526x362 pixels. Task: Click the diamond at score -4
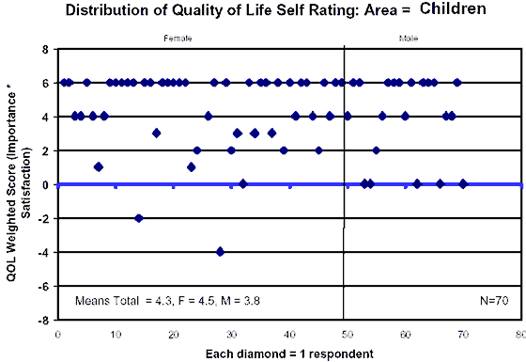click(x=220, y=252)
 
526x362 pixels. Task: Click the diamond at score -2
click(x=139, y=218)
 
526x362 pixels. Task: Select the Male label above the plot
click(x=409, y=39)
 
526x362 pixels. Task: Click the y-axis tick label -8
click(x=43, y=320)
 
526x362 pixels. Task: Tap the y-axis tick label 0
click(x=45, y=184)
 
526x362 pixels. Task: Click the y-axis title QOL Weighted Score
click(x=15, y=183)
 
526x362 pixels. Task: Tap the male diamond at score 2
click(x=376, y=150)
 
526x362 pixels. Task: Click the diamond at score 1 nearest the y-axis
click(x=99, y=167)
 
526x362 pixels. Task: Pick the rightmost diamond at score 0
click(x=463, y=183)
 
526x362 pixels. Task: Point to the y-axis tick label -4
click(x=43, y=252)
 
